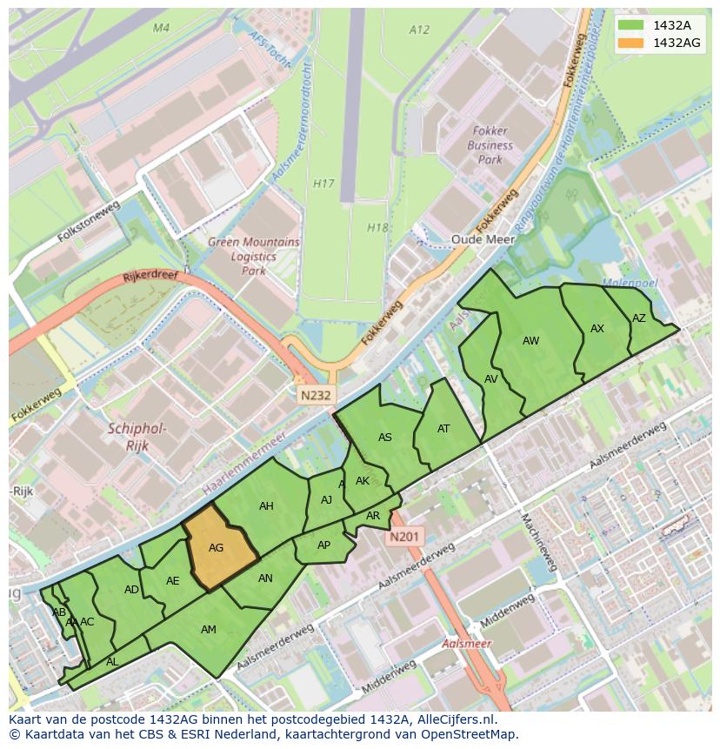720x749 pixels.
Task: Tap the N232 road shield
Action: (x=317, y=395)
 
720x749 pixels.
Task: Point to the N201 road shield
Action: (x=404, y=537)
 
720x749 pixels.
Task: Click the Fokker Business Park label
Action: (x=490, y=146)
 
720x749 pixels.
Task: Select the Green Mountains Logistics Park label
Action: (x=253, y=257)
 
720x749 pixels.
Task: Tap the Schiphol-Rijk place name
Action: (x=137, y=437)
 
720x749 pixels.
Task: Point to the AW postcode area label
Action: (x=530, y=341)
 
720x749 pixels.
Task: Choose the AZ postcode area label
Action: (x=639, y=318)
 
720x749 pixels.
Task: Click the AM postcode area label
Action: (x=209, y=629)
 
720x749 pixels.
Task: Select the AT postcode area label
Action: (x=443, y=428)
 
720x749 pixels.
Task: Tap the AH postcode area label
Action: (x=266, y=506)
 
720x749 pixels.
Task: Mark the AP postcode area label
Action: (x=323, y=545)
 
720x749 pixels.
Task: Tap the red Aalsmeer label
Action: (x=466, y=644)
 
